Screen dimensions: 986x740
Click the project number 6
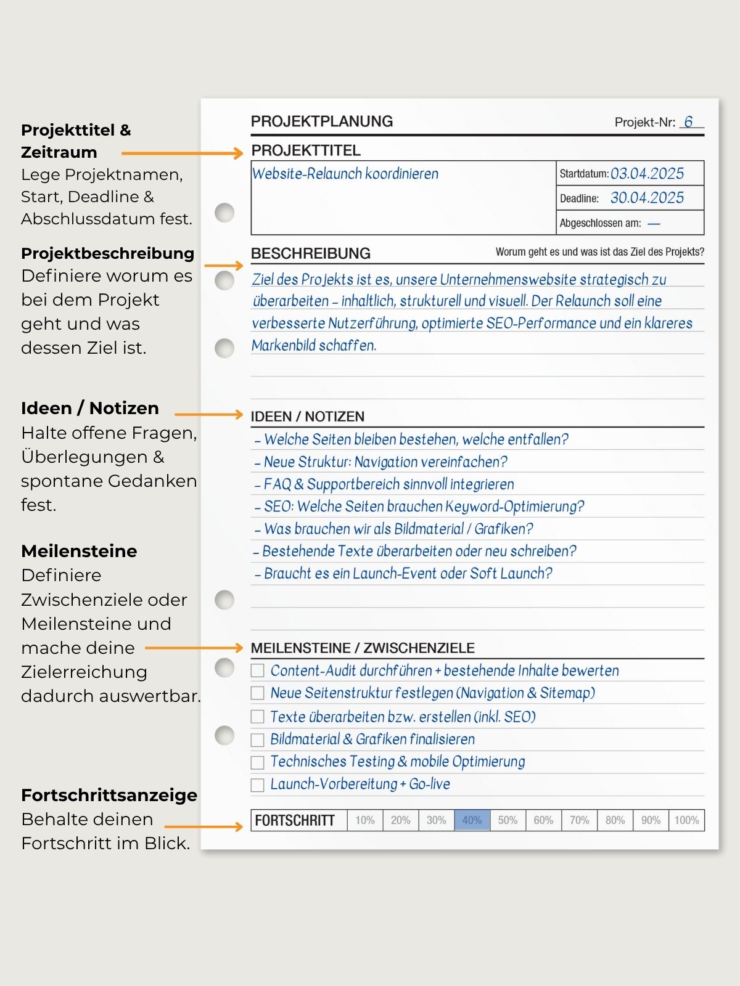click(x=688, y=122)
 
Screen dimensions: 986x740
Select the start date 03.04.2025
click(x=647, y=174)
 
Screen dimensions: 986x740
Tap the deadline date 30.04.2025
click(x=647, y=198)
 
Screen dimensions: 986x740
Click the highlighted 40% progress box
click(x=472, y=820)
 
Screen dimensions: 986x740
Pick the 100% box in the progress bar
click(x=686, y=820)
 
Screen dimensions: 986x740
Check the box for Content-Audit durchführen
click(x=258, y=670)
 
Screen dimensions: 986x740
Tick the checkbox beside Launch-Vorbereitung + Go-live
click(x=258, y=785)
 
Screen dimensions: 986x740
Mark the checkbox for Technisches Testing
click(x=258, y=762)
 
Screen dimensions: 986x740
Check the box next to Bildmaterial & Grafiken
click(x=258, y=739)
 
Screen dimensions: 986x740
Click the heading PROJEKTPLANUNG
click(x=321, y=121)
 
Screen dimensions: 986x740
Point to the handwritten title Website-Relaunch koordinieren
click(x=345, y=174)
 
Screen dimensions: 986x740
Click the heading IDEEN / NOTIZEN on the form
click(x=307, y=417)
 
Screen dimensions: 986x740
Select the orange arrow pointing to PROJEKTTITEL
click(x=182, y=153)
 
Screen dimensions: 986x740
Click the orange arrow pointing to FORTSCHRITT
click(x=203, y=826)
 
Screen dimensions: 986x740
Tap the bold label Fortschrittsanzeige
click(x=109, y=795)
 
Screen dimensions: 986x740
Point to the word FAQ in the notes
click(x=277, y=484)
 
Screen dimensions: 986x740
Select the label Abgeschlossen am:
click(x=600, y=223)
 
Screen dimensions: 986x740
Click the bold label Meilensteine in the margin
click(x=79, y=551)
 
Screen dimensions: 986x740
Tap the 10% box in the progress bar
click(x=364, y=820)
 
